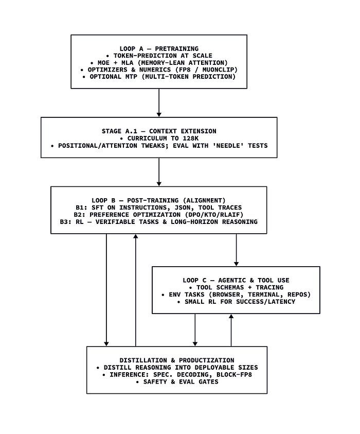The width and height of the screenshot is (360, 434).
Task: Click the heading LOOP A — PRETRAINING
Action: (x=159, y=49)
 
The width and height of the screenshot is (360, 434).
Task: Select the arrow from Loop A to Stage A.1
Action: (x=159, y=102)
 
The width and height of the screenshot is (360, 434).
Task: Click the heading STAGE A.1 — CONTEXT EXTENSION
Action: (x=159, y=131)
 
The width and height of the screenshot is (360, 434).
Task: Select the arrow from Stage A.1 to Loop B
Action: (x=159, y=172)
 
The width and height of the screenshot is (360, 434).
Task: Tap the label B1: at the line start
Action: (x=82, y=207)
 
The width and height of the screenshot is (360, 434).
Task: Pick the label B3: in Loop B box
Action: (x=66, y=222)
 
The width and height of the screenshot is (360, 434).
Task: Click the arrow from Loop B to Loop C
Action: (x=236, y=250)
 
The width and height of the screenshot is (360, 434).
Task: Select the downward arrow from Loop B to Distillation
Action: (x=106, y=290)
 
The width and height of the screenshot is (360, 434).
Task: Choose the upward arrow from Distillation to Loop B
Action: (x=135, y=290)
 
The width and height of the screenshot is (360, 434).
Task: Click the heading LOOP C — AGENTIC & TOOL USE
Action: (x=236, y=281)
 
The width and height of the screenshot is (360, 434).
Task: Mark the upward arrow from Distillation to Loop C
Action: (x=231, y=330)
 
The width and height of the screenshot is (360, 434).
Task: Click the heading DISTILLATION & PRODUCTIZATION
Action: (x=177, y=360)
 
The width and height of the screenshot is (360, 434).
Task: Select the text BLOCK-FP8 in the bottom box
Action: (x=234, y=375)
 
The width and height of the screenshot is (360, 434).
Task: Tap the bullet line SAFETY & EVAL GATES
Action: (x=177, y=382)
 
